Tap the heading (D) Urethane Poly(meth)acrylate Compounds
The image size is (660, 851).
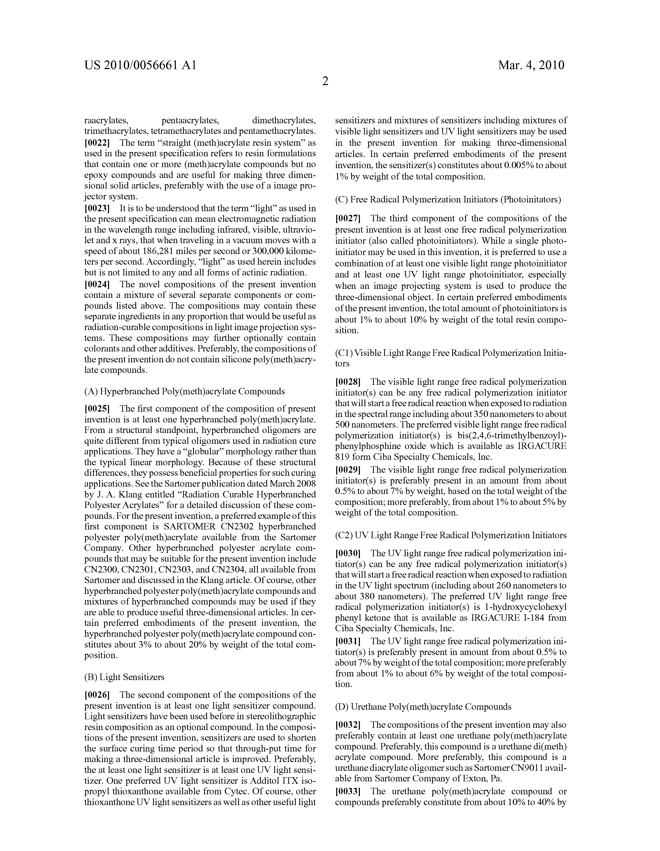point(423,706)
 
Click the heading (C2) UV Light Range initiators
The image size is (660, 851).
point(451,535)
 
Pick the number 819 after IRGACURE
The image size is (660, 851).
point(342,457)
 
